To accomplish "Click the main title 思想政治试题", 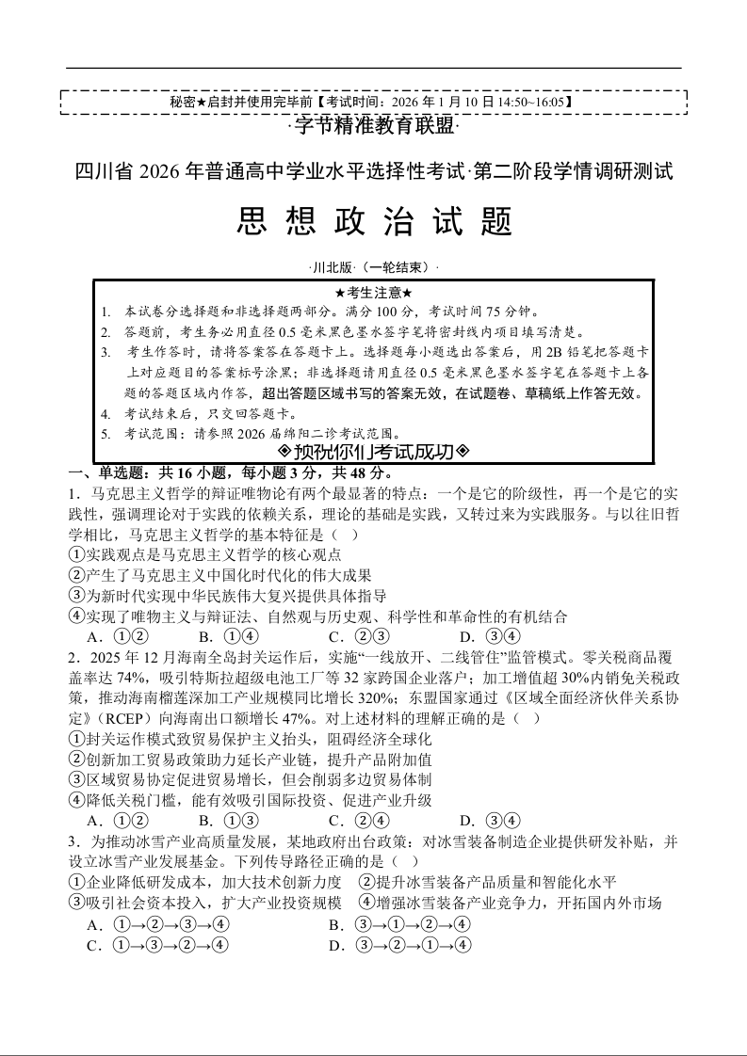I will click(373, 223).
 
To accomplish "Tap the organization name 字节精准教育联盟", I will click(373, 125).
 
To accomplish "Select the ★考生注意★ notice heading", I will click(374, 293).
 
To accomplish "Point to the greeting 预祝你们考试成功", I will click(374, 451).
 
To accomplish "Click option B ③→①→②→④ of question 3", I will click(399, 925).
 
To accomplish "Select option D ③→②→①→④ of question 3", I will click(399, 946).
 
